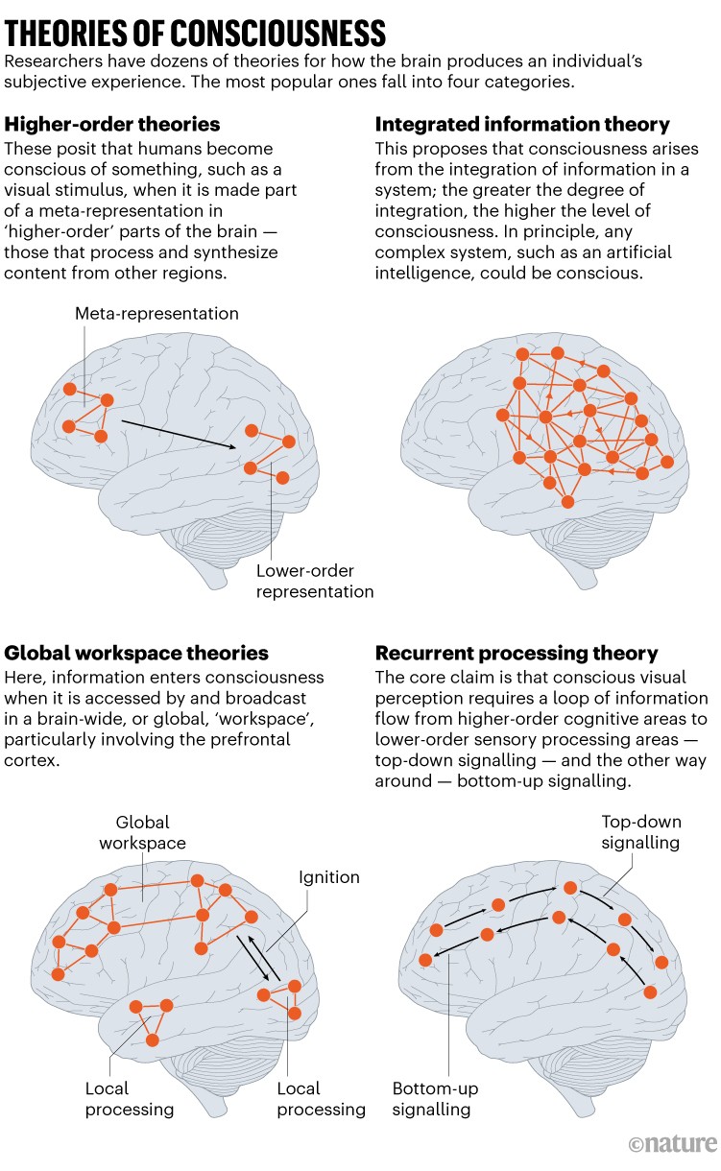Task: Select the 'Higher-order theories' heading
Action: pyautogui.click(x=112, y=125)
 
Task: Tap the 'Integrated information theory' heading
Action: pyautogui.click(x=522, y=125)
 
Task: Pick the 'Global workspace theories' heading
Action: pyautogui.click(x=137, y=654)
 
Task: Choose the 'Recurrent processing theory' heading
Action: pyautogui.click(x=517, y=654)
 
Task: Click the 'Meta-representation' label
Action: pyautogui.click(x=156, y=314)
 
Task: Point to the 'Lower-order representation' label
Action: pyautogui.click(x=315, y=582)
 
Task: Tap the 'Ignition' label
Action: pyautogui.click(x=328, y=877)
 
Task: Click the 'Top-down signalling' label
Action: pyautogui.click(x=640, y=832)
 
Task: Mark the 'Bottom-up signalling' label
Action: pyautogui.click(x=435, y=1099)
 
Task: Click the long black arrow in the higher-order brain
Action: pyautogui.click(x=179, y=432)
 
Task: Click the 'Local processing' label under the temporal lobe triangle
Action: pyautogui.click(x=130, y=1099)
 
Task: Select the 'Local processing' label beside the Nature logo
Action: pyautogui.click(x=322, y=1099)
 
